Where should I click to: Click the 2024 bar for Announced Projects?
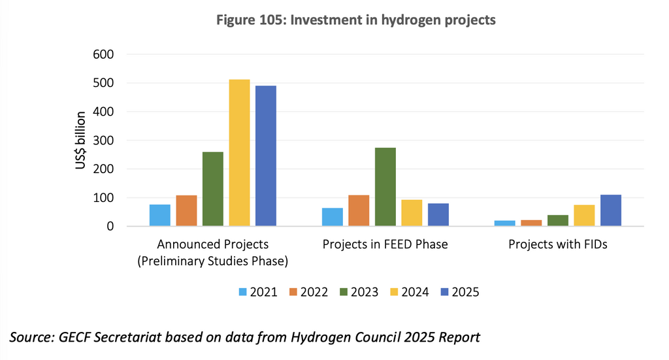click(x=239, y=153)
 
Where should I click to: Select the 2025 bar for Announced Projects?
click(x=266, y=156)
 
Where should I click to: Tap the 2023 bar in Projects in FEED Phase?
click(x=385, y=187)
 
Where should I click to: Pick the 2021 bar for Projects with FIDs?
click(x=504, y=223)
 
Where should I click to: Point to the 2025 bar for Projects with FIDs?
click(x=610, y=210)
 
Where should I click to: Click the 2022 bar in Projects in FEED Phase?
click(x=359, y=210)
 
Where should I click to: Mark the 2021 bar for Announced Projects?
click(x=160, y=215)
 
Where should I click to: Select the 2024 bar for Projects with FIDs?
click(x=584, y=216)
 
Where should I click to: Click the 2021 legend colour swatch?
click(x=244, y=292)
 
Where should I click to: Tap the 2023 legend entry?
click(x=358, y=292)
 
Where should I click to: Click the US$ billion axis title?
click(x=80, y=140)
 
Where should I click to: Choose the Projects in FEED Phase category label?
click(x=385, y=245)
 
